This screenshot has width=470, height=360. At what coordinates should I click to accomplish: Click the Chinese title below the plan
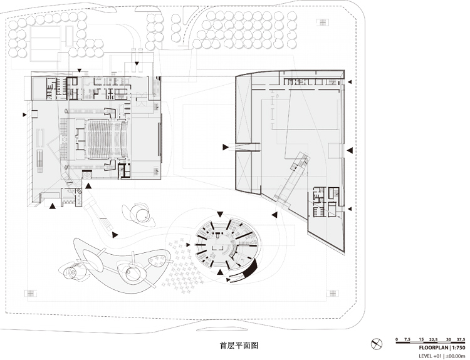coord(239,345)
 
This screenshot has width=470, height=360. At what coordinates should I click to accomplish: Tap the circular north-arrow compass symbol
coord(377,344)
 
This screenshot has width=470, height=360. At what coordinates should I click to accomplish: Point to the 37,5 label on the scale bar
coord(461,339)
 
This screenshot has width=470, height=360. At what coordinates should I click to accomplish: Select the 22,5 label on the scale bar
coord(433,339)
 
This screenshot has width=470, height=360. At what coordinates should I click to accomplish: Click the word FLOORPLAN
coord(433,347)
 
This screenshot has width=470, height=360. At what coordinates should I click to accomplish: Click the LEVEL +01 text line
coord(442,356)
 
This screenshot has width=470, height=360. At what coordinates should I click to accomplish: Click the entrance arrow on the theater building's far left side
coord(24,115)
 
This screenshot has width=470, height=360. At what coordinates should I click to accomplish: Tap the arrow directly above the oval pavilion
coord(220,214)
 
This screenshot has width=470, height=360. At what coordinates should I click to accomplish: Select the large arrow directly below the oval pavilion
coord(220,272)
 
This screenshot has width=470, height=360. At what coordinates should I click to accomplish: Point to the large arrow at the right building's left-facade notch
coord(226,147)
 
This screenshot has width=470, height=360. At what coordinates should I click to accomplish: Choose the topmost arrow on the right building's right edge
coord(349,82)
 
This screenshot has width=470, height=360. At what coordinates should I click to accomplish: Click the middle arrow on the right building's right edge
coord(350,150)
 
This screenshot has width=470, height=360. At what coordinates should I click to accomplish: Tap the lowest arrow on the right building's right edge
coord(349,208)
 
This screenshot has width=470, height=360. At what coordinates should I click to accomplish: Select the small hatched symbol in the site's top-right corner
coord(323,22)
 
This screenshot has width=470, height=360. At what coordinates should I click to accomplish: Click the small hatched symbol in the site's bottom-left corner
coord(31,293)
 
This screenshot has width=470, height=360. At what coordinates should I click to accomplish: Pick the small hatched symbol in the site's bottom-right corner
coord(332,293)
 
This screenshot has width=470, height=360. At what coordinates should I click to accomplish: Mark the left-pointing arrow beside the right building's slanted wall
coord(274,215)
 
